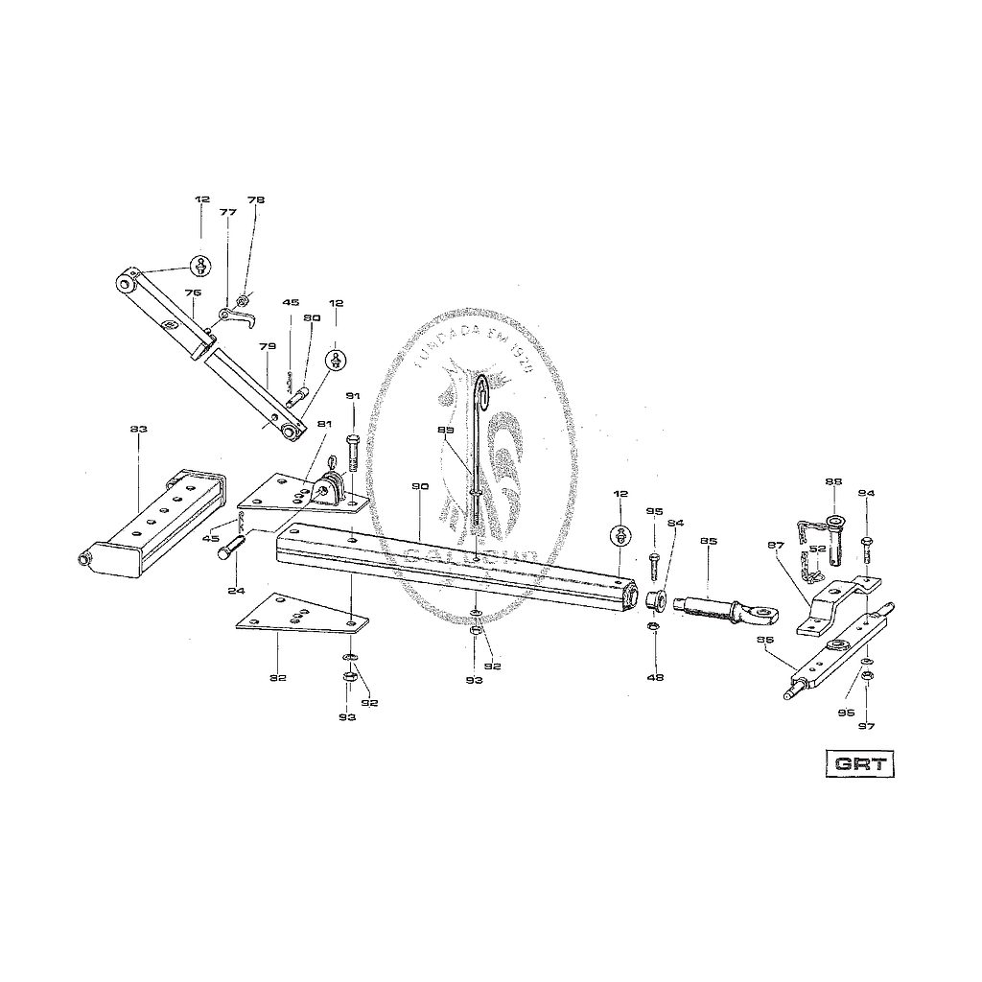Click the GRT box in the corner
859,764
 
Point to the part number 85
709,541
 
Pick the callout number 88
832,482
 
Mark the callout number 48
656,677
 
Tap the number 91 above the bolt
352,396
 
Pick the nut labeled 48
651,627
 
